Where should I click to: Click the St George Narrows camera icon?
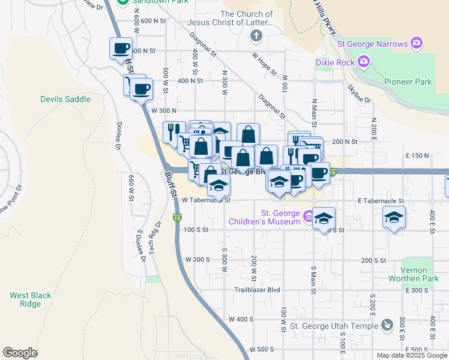pyautogui.click(x=416, y=43)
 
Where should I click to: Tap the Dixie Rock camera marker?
pyautogui.click(x=363, y=61)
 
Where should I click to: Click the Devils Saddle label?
pyautogui.click(x=65, y=99)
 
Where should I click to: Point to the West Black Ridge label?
pyautogui.click(x=30, y=299)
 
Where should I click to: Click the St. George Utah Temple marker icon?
pyautogui.click(x=387, y=326)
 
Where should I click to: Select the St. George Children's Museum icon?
pyautogui.click(x=307, y=216)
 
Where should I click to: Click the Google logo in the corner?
pyautogui.click(x=20, y=352)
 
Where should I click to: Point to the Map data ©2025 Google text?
pyautogui.click(x=411, y=355)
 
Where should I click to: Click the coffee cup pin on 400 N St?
pyautogui.click(x=142, y=89)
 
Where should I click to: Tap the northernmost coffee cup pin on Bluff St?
pyautogui.click(x=121, y=47)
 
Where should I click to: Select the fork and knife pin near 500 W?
pyautogui.click(x=173, y=131)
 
